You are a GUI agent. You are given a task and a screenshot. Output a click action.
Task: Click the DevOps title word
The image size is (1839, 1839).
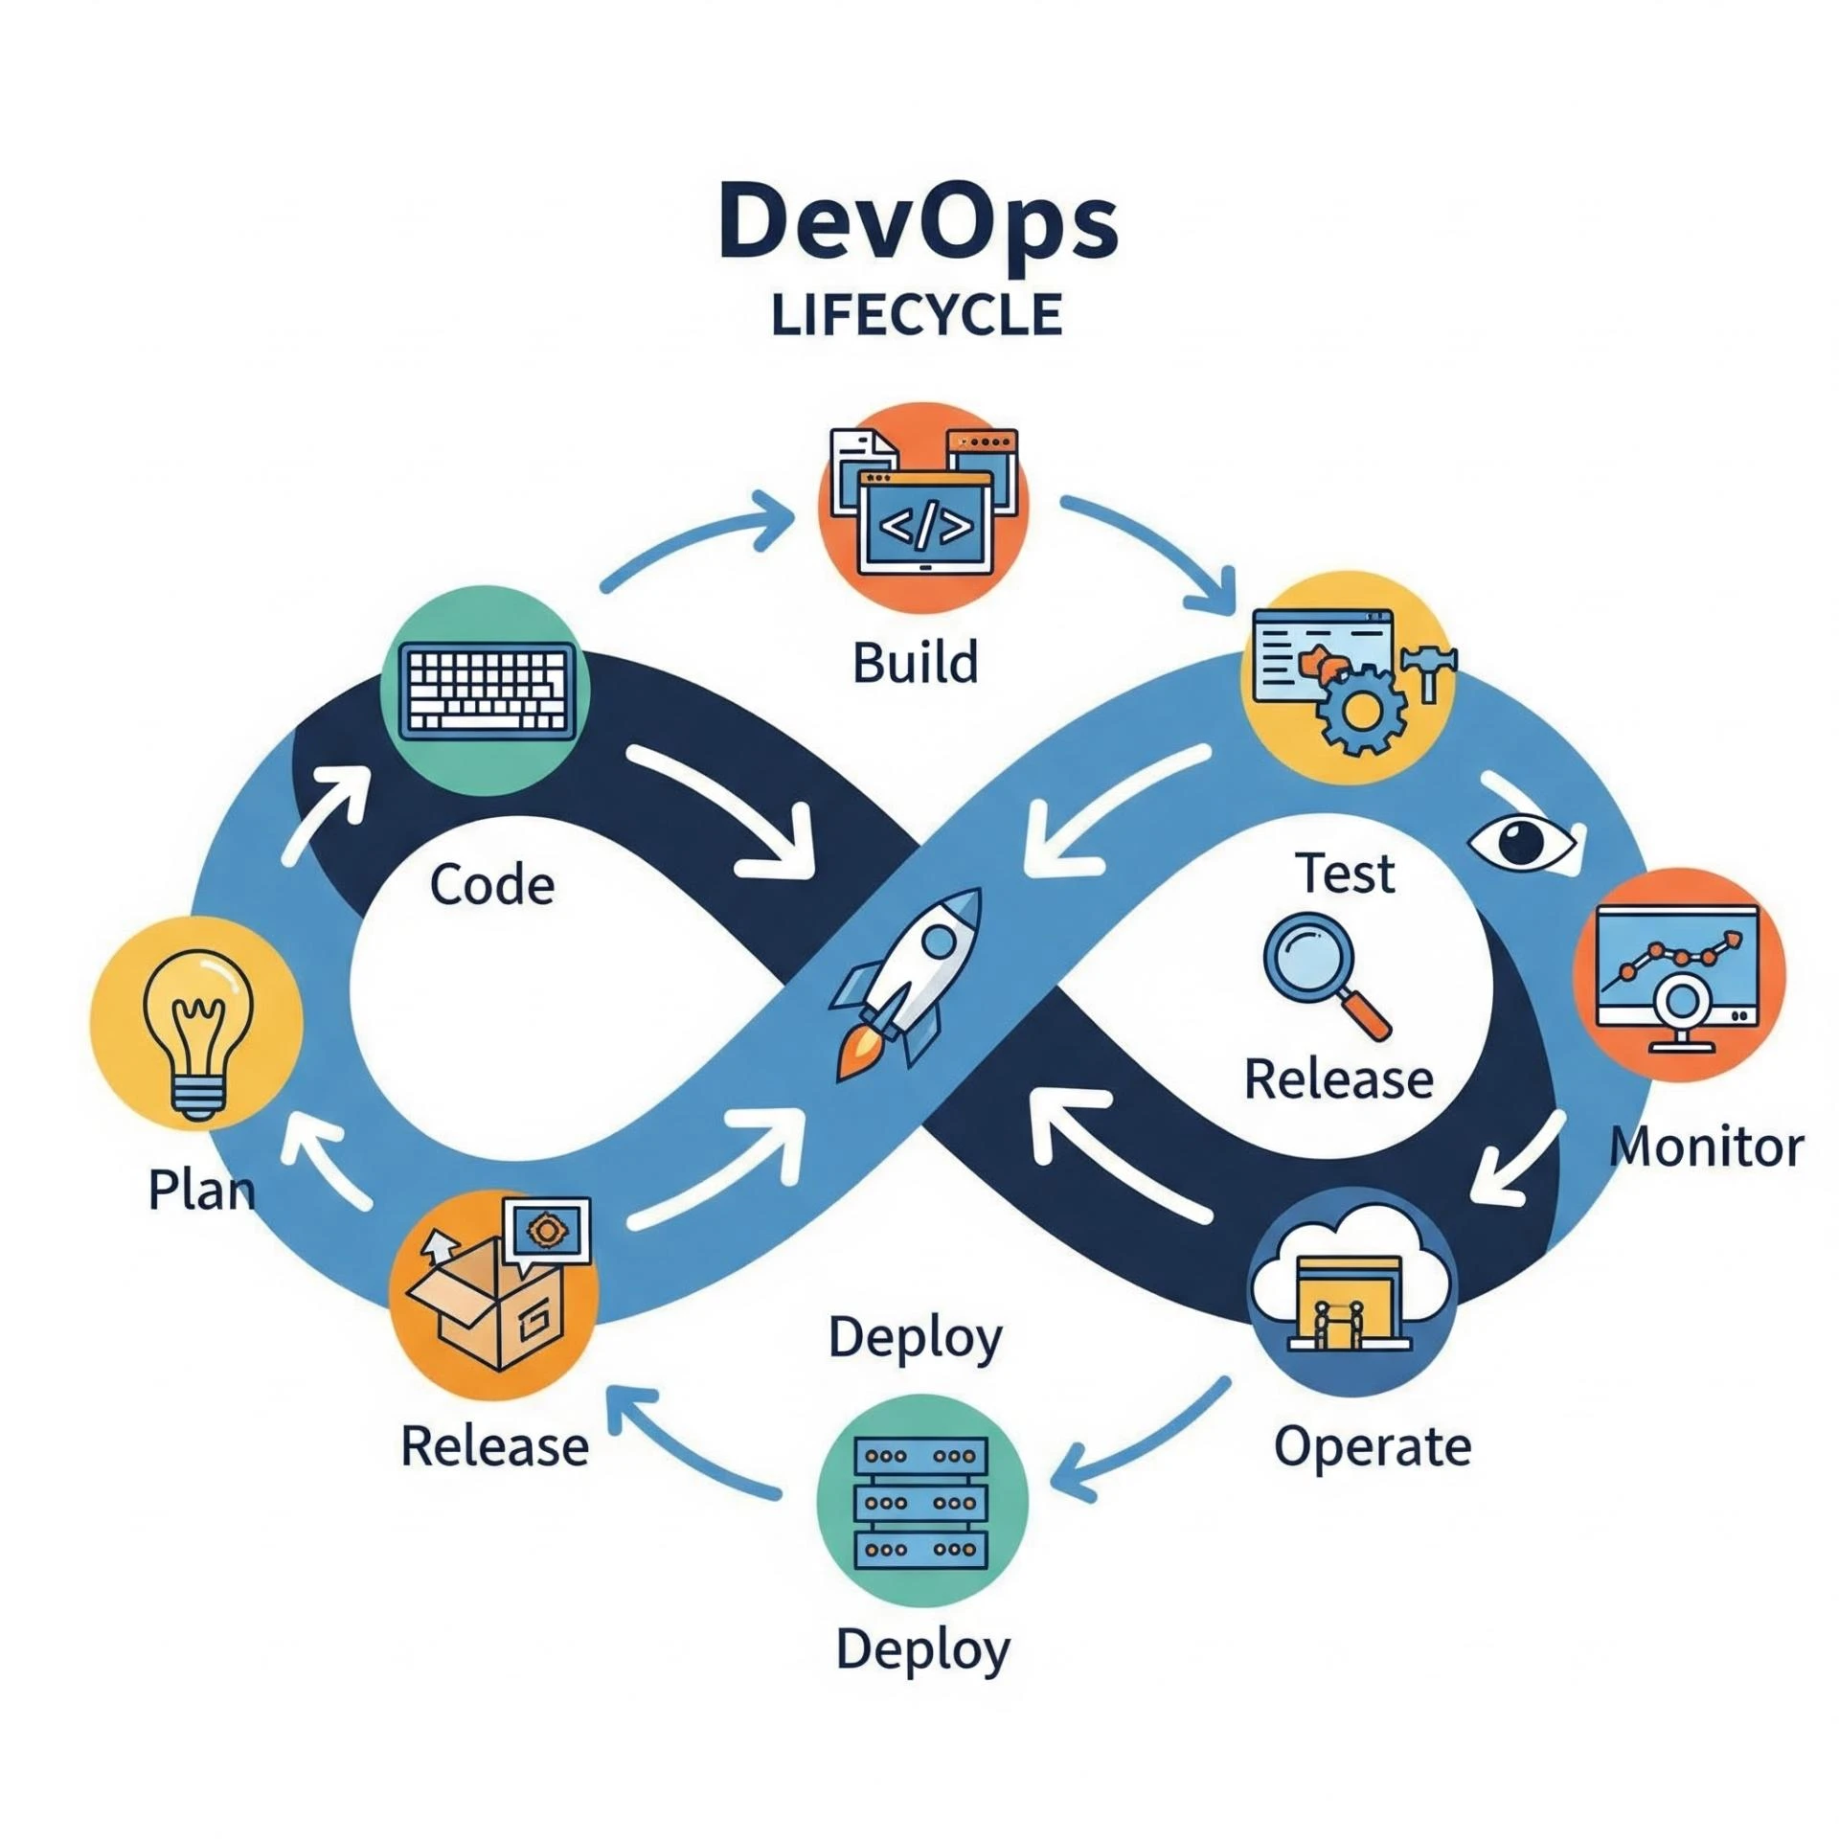(918, 222)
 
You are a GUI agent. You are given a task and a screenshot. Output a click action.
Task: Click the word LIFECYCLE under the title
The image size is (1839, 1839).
(917, 315)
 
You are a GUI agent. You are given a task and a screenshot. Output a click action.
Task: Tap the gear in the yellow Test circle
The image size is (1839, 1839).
(1362, 710)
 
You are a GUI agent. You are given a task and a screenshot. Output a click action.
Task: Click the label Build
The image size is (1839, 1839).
(916, 663)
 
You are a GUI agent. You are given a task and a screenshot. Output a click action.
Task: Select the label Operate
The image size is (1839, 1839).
(1372, 1446)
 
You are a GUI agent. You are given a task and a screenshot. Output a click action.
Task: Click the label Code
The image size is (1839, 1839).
(491, 884)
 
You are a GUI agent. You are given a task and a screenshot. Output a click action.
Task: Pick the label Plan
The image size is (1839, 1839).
(201, 1191)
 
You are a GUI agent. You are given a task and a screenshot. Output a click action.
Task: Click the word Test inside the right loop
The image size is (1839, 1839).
(1345, 874)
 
